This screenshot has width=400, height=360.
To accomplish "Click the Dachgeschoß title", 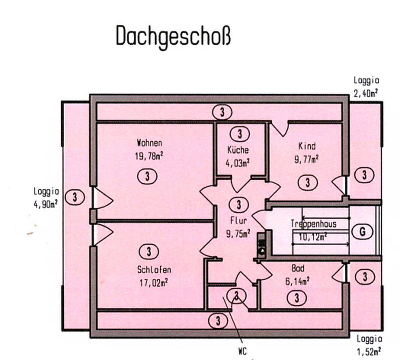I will (173, 36).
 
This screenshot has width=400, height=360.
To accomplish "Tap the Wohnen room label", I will (150, 143).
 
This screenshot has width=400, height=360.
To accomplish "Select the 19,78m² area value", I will (150, 156).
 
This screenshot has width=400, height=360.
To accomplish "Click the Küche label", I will (238, 150).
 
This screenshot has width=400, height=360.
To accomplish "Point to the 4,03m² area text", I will (238, 163).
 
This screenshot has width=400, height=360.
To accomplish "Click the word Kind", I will (307, 146).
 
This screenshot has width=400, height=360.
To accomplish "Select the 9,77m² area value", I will (306, 159).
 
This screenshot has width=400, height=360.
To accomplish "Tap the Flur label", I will (238, 221).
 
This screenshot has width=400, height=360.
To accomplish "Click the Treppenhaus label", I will (313, 224).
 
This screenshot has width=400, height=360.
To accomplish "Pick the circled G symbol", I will (363, 231).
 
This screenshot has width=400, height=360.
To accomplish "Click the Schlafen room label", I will (154, 270).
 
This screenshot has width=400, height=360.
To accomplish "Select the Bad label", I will (297, 268).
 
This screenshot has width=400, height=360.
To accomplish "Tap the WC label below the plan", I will (242, 351).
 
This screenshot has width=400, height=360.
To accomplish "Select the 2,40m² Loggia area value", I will (366, 94).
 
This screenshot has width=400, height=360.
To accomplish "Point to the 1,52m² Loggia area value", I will (369, 351).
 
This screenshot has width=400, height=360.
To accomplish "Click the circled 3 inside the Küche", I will (239, 134).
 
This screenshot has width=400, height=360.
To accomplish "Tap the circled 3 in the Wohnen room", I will (147, 176).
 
